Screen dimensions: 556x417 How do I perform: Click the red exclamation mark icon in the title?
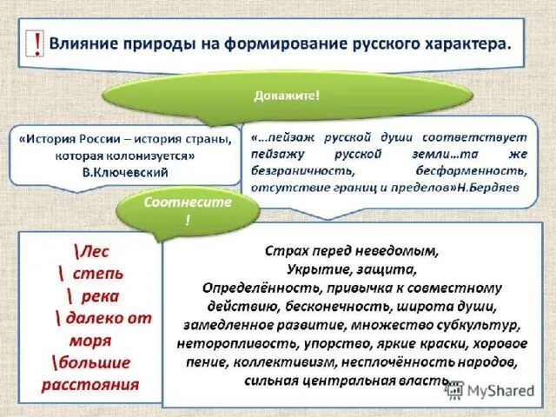tap(36, 43)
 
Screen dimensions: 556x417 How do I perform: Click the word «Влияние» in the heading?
tap(83, 43)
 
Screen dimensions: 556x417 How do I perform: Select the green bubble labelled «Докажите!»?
tap(286, 95)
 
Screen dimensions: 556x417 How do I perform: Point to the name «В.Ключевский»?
tap(127, 173)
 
